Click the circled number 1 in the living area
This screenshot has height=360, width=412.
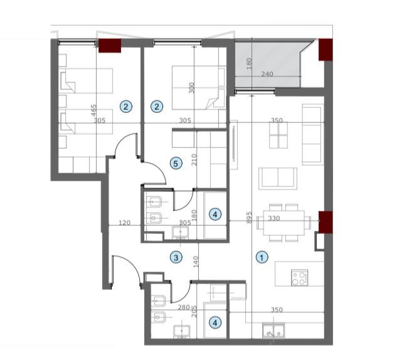tap(262, 257)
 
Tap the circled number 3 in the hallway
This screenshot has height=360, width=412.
tap(177, 257)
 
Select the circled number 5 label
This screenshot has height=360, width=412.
tap(176, 164)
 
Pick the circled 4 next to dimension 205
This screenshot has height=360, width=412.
tap(216, 323)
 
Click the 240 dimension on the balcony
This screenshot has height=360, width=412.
tap(268, 75)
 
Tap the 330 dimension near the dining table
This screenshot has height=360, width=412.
tap(273, 219)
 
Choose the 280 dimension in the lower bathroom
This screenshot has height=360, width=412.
tap(183, 308)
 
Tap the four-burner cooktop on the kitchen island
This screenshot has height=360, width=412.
tap(298, 277)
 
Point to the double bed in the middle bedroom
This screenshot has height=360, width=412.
tap(198, 88)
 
